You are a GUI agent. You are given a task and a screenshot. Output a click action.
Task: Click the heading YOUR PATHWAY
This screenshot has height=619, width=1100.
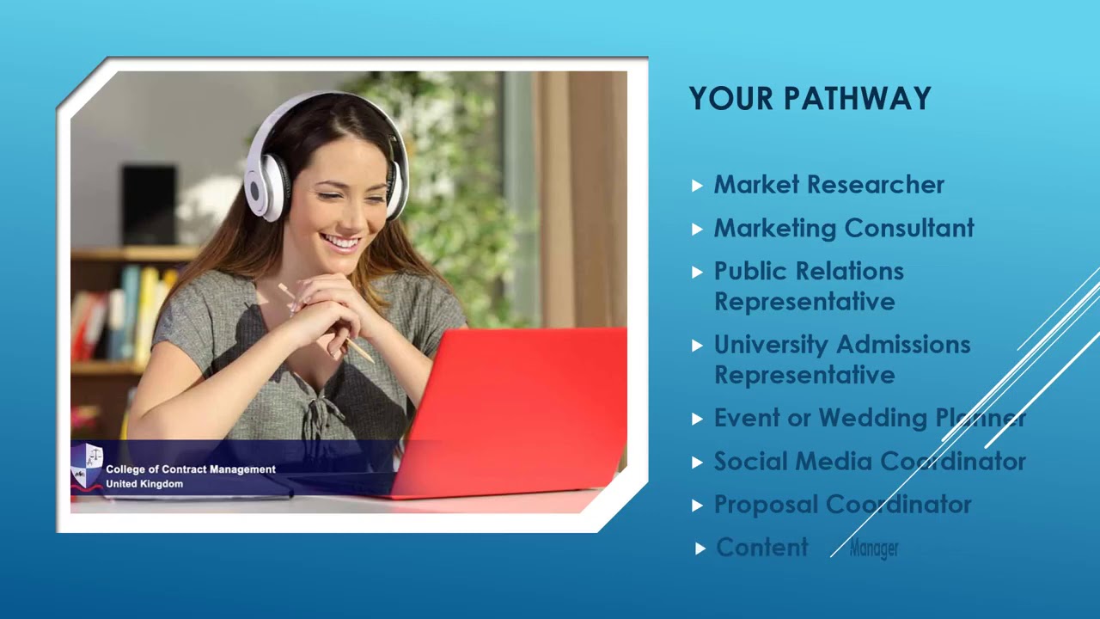(810, 99)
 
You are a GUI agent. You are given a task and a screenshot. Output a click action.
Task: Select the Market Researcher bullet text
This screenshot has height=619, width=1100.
(828, 185)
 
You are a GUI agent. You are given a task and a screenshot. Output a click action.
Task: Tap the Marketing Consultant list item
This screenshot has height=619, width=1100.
(844, 228)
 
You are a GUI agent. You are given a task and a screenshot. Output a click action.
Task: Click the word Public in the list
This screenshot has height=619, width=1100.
(754, 271)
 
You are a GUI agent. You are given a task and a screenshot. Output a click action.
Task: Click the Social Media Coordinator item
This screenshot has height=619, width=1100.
(869, 462)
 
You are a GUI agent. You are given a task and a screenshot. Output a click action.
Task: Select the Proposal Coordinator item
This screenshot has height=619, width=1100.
(842, 505)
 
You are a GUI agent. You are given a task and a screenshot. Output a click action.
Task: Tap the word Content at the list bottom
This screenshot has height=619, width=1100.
(761, 548)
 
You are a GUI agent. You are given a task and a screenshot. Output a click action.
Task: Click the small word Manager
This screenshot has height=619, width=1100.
(873, 549)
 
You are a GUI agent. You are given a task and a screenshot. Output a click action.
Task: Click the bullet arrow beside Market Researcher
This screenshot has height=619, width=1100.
(697, 185)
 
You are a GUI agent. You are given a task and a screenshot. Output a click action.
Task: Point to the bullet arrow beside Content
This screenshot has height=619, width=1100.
(700, 549)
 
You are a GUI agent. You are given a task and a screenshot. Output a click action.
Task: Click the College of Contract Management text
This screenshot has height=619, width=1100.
(190, 469)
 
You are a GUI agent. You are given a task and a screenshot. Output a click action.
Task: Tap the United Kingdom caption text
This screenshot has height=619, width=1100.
(144, 484)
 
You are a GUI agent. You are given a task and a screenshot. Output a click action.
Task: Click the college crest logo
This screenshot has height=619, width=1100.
(86, 467)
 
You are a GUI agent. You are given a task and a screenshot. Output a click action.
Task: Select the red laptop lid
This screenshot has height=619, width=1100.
(516, 404)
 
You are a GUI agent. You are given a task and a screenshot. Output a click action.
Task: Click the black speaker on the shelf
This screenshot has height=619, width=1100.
(149, 205)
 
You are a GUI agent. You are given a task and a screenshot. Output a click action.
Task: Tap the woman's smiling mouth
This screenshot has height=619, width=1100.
(340, 242)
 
